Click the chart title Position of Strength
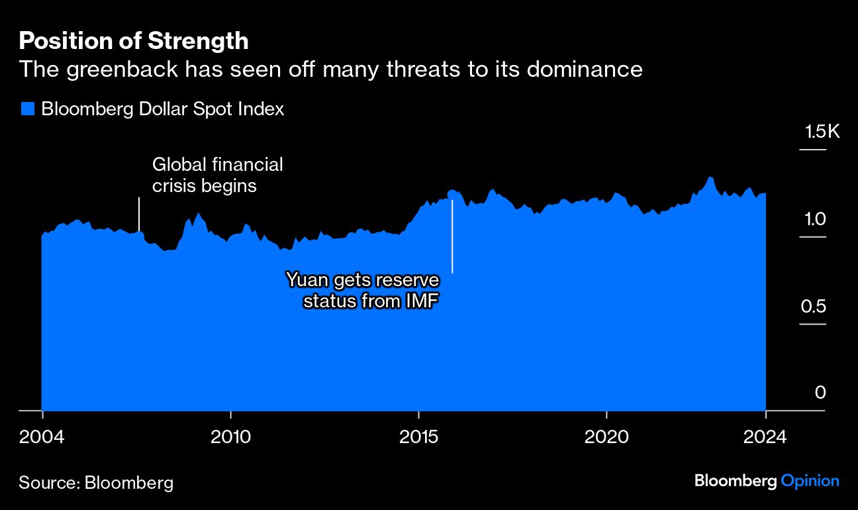pos(134,41)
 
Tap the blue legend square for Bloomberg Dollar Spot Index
pos(27,109)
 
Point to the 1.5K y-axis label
pos(822,132)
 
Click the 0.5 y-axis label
pos(814,307)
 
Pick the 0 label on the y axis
pos(820,393)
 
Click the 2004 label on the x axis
pos(42,438)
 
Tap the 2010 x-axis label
pos(230,438)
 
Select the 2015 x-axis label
pos(418,438)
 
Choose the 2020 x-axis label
pos(606,438)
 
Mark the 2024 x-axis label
pos(765,438)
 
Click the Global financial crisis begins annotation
pos(217,175)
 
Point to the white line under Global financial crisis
pos(139,214)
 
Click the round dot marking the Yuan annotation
pos(452,194)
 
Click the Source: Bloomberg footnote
pos(96,482)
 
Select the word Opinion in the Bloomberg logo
pos(810,481)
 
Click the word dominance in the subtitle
pos(585,69)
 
